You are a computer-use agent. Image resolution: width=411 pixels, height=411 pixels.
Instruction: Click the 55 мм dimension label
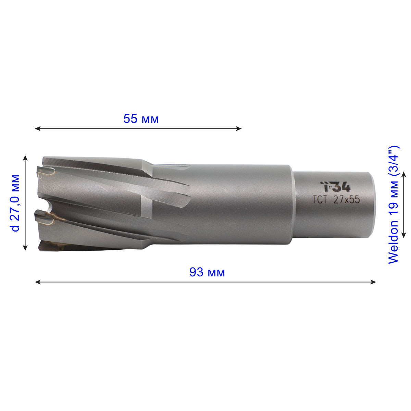[x=141, y=119]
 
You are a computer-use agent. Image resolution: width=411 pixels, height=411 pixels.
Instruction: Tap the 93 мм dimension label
[x=207, y=272]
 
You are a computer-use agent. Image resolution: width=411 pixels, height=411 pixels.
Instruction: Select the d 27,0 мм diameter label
[x=15, y=203]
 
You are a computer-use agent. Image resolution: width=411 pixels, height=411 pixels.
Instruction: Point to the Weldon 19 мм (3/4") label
[x=393, y=205]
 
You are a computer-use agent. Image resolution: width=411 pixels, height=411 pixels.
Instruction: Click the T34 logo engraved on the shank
[x=336, y=187]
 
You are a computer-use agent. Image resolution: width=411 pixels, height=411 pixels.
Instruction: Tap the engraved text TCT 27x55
[x=337, y=200]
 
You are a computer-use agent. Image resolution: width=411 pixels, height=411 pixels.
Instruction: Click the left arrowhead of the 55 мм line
[x=38, y=129]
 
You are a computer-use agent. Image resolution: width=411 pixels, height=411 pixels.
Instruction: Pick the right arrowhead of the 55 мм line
[x=239, y=129]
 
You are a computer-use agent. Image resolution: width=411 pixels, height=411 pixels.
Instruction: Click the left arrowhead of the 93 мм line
[x=38, y=282]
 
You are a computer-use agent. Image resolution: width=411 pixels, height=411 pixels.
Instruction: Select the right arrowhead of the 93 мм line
[x=373, y=282]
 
